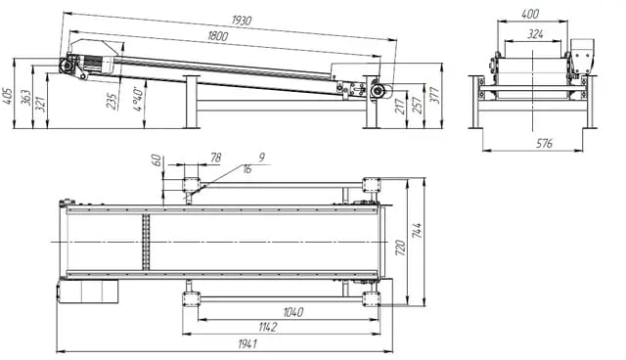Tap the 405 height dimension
point(8,95)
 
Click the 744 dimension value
point(418,231)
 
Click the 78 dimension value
point(216,157)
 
